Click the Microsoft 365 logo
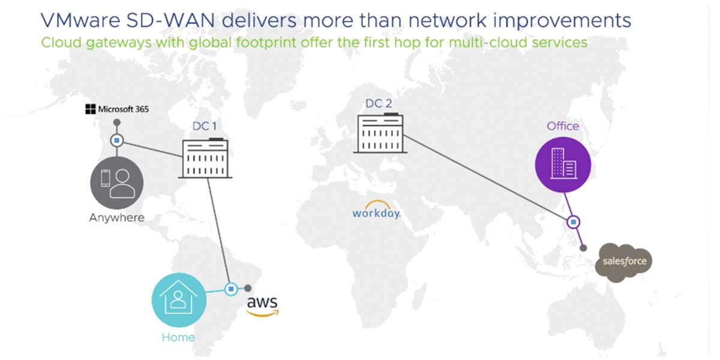coord(116,109)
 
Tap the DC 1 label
coord(205,127)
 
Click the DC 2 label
coord(379,104)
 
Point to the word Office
coord(563,126)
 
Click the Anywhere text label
coord(117,217)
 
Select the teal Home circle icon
coord(178,298)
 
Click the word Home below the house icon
coord(178,337)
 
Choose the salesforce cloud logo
coord(623,262)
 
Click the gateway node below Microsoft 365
coord(117,141)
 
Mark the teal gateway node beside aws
coord(231,289)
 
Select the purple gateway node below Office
coord(574,222)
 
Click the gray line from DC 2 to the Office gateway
coord(486,178)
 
